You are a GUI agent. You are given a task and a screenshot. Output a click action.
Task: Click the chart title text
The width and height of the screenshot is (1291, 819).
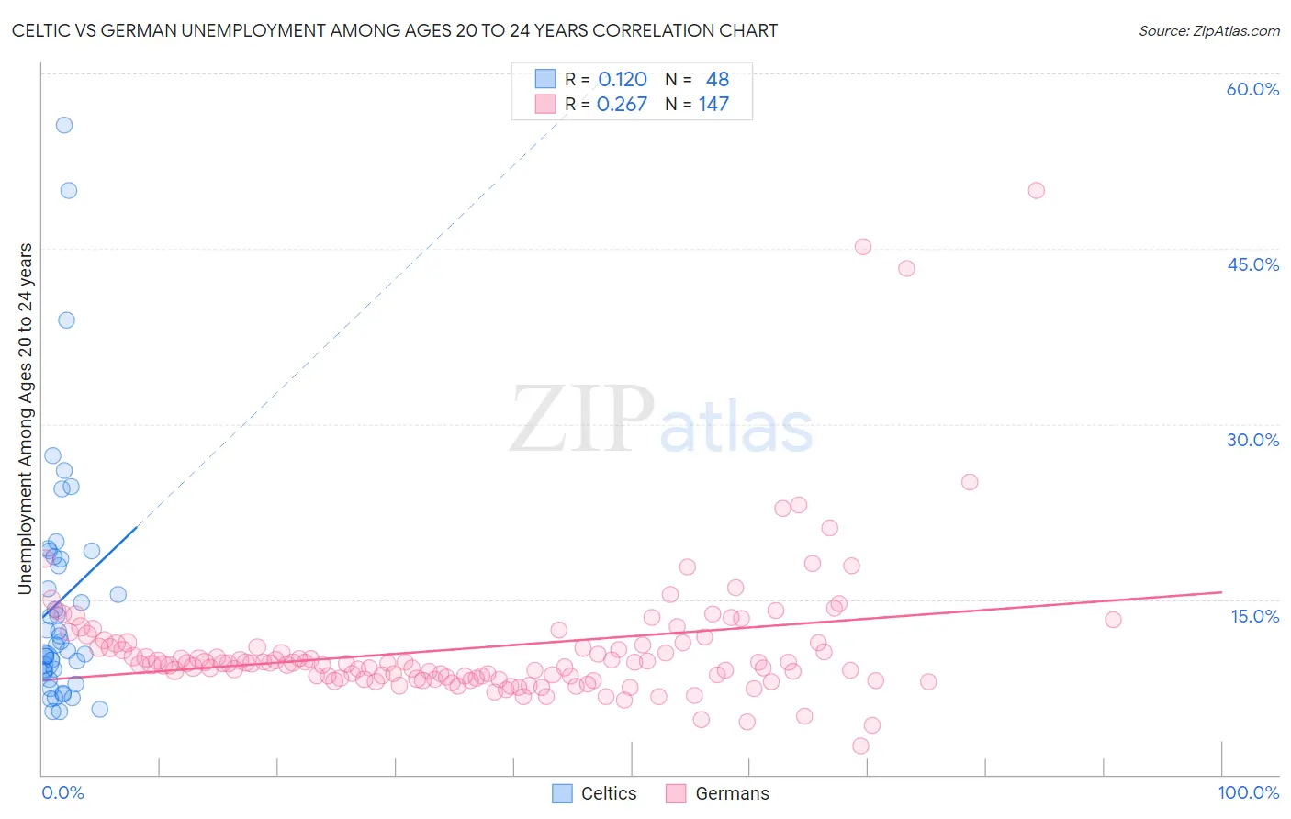[x=395, y=31]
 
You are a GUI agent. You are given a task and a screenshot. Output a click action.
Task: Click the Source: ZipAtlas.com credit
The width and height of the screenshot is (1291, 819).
[x=1208, y=31]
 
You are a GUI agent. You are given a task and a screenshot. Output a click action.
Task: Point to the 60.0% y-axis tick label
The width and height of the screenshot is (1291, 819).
[x=1252, y=89]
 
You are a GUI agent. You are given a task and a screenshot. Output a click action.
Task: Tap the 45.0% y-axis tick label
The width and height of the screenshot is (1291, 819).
[x=1252, y=264]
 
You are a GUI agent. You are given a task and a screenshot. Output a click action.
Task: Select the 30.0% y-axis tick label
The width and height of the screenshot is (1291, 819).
[x=1252, y=440]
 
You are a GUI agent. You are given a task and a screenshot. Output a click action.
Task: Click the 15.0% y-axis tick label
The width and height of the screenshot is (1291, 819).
[x=1254, y=616]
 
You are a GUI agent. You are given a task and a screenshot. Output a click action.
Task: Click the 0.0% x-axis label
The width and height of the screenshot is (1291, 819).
[x=62, y=792]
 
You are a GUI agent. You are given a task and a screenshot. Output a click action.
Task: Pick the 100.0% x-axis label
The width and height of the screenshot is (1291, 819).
[x=1248, y=792]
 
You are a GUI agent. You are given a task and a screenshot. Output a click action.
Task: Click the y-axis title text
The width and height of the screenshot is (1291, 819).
[x=26, y=419]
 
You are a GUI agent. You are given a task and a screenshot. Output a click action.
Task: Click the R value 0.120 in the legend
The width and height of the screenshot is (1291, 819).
[x=623, y=80]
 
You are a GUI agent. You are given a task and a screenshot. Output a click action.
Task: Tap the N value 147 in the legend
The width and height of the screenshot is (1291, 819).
[x=713, y=105]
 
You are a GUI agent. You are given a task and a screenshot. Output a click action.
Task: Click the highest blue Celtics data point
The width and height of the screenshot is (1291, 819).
[x=64, y=125]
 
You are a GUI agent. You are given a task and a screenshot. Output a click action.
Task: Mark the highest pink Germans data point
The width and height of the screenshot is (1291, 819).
[x=1036, y=191]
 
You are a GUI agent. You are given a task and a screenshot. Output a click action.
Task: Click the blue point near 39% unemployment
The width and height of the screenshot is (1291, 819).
[x=66, y=320]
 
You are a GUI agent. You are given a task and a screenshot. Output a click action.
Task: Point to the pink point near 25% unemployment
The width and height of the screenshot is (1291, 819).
[x=970, y=482]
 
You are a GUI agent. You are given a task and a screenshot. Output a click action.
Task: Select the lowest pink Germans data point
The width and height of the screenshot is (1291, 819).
[x=860, y=746]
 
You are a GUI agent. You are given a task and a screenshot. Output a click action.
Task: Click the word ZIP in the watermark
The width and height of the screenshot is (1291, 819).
[x=581, y=420]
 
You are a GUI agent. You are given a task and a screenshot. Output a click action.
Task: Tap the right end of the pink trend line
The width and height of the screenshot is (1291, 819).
[x=1221, y=592]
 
